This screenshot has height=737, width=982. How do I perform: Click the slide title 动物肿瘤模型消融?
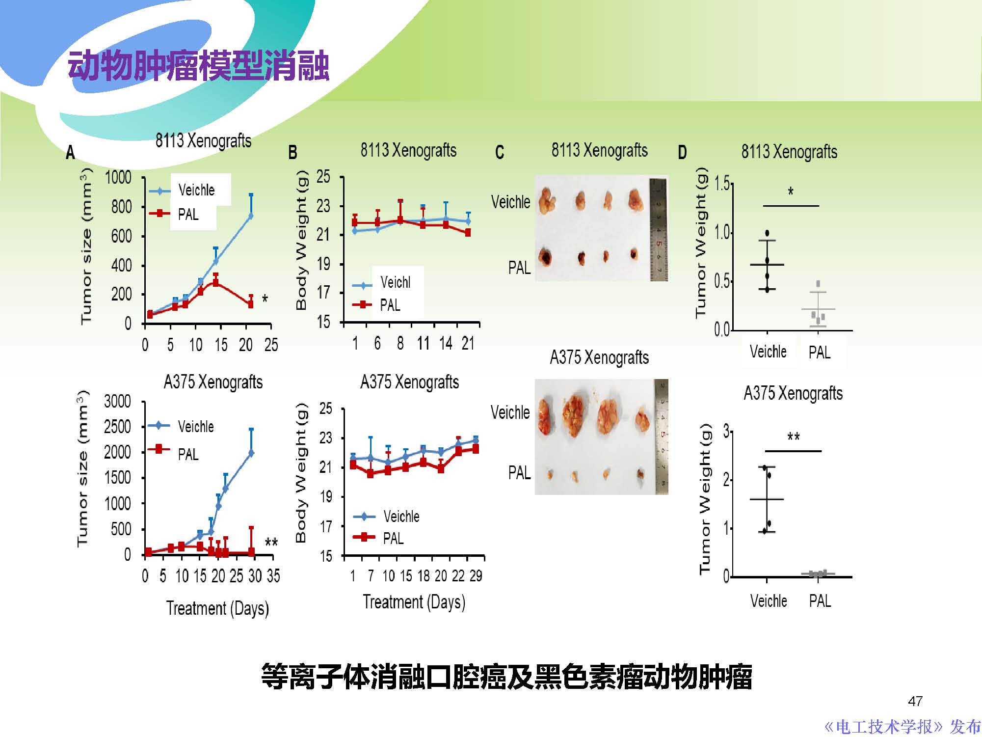click(x=198, y=66)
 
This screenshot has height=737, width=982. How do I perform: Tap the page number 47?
click(x=915, y=701)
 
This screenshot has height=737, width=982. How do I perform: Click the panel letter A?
click(x=71, y=153)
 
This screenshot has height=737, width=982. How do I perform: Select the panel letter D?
click(x=682, y=153)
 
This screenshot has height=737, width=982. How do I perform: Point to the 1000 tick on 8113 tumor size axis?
click(x=118, y=177)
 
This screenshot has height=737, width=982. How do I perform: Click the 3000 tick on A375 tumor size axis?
click(x=117, y=402)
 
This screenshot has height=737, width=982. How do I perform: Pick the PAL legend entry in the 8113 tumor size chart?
click(x=188, y=215)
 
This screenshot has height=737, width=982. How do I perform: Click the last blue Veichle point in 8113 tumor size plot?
click(x=251, y=216)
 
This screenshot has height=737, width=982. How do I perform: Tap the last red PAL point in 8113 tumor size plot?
click(x=251, y=304)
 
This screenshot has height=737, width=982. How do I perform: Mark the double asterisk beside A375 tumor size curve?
click(x=271, y=542)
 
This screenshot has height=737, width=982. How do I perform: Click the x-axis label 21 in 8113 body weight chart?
click(x=468, y=343)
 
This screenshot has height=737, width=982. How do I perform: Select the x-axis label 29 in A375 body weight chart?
click(x=476, y=576)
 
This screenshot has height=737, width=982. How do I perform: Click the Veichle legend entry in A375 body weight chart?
click(x=401, y=517)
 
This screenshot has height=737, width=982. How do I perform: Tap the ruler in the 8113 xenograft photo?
click(x=659, y=230)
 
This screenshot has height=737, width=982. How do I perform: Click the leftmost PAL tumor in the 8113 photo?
click(x=545, y=256)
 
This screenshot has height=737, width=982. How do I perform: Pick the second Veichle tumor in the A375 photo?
click(x=573, y=416)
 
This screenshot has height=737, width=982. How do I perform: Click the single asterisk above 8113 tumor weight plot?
click(x=791, y=191)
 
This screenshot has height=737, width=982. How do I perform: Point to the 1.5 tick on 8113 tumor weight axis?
click(x=721, y=184)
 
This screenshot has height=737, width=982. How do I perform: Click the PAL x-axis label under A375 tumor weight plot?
click(x=820, y=601)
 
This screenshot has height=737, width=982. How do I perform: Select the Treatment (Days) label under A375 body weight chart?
click(x=414, y=602)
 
